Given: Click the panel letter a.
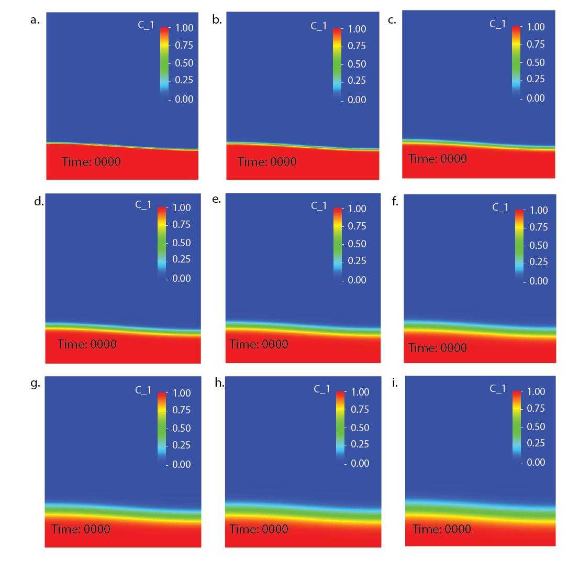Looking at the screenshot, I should point(35,20).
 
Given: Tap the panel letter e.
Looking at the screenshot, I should point(217,199).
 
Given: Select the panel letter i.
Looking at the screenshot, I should point(394,383).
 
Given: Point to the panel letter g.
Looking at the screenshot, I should point(35,383).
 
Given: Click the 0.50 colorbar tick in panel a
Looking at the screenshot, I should point(184,63).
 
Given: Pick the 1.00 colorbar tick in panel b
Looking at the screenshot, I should point(357,29).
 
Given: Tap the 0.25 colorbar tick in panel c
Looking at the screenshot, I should point(536,79).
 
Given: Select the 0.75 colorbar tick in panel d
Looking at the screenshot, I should point(181,225).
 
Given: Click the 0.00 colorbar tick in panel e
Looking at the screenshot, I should point(357,280).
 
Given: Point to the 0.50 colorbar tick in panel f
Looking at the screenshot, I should point(538,245).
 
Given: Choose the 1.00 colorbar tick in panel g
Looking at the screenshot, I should point(181,393).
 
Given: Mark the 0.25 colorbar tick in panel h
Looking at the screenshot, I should point(360,444).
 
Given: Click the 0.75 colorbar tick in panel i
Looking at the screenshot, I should point(536,409).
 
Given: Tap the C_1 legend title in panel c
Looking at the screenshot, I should point(497,24).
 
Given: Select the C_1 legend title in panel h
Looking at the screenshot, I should point(322,389).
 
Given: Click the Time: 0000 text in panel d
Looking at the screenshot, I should point(87,344).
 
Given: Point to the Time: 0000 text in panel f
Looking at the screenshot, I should point(437,348).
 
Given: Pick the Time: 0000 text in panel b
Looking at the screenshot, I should point(267,162).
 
